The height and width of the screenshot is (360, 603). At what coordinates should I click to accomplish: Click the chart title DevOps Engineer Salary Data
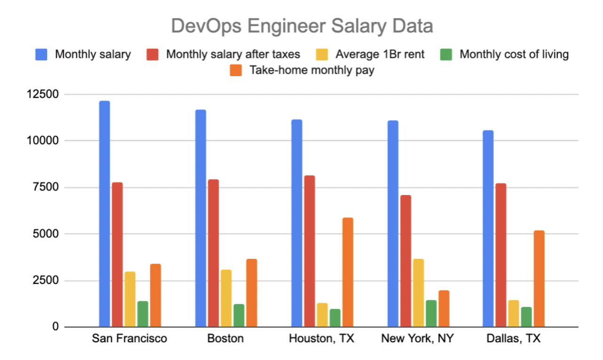click(x=301, y=26)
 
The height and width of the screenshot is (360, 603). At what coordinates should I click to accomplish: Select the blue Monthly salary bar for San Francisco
click(x=104, y=214)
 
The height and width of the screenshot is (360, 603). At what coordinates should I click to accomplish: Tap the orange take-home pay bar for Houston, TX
click(x=348, y=273)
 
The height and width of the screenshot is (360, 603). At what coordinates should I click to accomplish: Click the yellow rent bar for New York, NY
click(x=418, y=293)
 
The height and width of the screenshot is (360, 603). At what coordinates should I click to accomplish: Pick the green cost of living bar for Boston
click(x=239, y=315)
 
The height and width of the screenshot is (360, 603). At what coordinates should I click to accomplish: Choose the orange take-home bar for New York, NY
click(x=444, y=309)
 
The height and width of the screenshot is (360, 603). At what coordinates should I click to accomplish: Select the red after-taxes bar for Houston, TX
click(x=309, y=251)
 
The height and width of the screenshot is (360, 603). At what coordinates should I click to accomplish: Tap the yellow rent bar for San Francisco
click(x=130, y=299)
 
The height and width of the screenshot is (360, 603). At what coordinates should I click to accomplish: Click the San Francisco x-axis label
click(x=129, y=338)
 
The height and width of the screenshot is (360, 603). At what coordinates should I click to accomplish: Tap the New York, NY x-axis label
click(x=417, y=338)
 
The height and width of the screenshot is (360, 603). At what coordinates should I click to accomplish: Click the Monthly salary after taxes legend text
click(x=233, y=55)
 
